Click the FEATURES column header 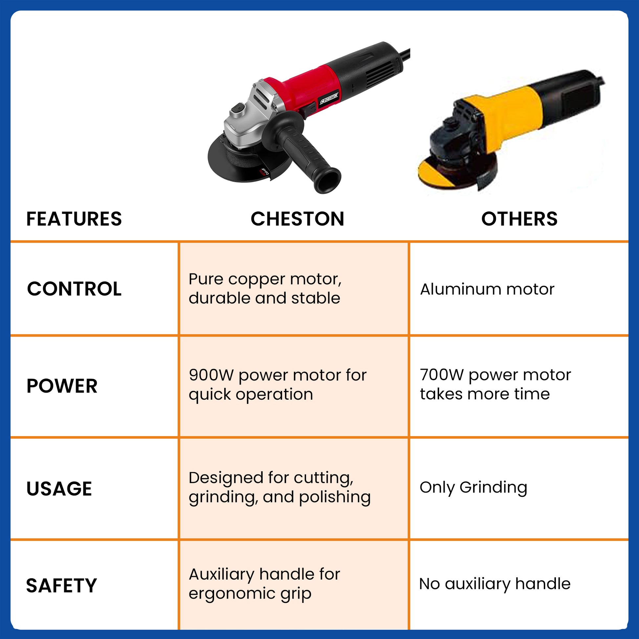click(x=74, y=219)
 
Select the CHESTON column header click(x=297, y=219)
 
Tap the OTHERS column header click(x=519, y=219)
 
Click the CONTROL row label click(x=75, y=289)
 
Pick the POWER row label click(x=62, y=386)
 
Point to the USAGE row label click(x=59, y=489)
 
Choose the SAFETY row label click(x=61, y=586)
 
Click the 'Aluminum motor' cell click(x=487, y=289)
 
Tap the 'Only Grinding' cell click(x=473, y=488)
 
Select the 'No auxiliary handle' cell click(x=495, y=584)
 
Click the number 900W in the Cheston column click(x=211, y=375)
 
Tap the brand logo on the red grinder click(x=329, y=98)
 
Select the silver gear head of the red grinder click(x=250, y=116)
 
